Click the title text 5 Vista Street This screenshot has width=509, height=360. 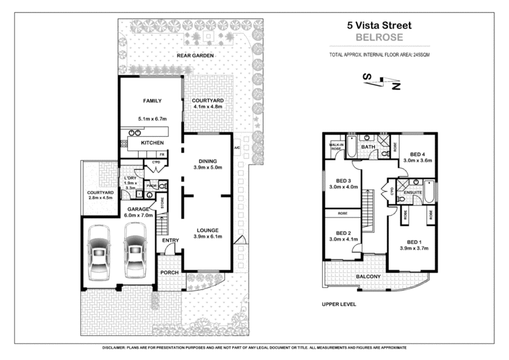pos(379,26)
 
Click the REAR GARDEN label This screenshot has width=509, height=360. pos(194,56)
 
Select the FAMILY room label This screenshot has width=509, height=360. pos(151,100)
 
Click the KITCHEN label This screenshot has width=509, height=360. pos(152,142)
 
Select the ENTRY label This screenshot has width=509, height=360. pos(170,240)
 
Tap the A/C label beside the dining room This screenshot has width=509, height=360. pos(237,148)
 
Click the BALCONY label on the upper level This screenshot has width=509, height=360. pos(368,276)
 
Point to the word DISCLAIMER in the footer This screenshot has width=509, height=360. pos(119,349)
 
